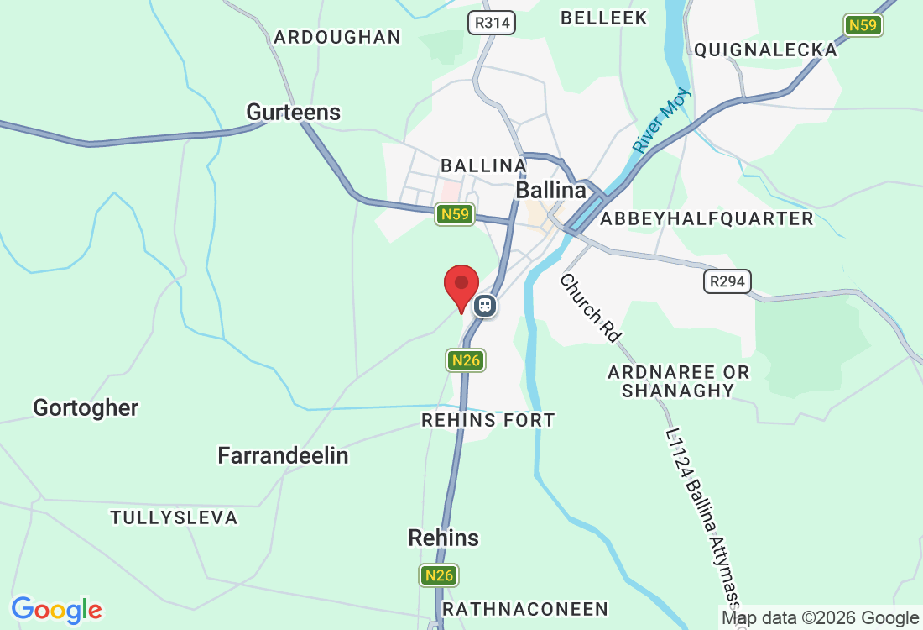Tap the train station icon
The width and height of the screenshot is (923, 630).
484,305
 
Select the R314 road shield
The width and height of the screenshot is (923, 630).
493,23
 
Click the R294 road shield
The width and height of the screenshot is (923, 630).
727,281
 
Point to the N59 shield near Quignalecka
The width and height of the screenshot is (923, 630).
863,25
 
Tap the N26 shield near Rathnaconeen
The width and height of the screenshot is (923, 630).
440,575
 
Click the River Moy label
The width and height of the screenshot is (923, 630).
662,120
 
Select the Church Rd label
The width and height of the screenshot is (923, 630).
591,307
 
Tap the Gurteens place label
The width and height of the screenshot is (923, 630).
293,113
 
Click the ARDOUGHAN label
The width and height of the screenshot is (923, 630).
337,37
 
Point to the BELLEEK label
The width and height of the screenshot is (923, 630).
604,18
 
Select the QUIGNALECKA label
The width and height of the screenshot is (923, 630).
765,50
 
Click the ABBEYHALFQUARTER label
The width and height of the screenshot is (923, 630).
707,219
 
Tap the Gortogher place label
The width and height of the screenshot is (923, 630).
86,408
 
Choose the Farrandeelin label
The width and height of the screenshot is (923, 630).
283,456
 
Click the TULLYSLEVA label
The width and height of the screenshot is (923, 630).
174,517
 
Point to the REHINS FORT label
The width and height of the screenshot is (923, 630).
488,420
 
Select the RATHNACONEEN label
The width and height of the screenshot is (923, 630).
524,608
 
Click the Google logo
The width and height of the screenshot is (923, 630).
56,609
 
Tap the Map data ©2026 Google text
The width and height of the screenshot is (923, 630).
821,618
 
